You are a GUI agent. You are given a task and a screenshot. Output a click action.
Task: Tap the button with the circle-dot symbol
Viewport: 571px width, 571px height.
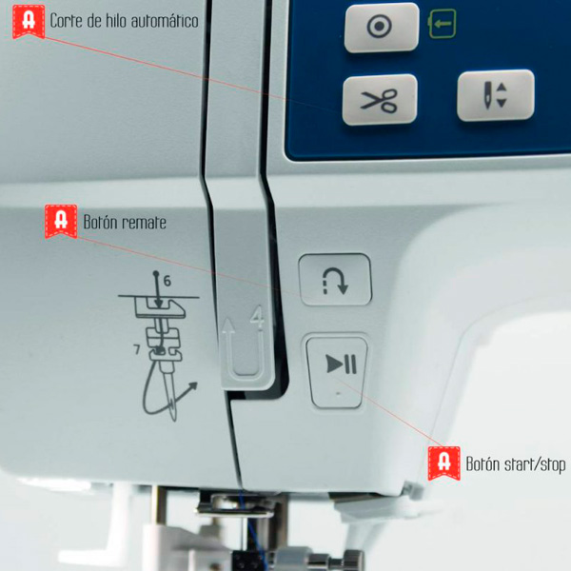(x=382, y=27)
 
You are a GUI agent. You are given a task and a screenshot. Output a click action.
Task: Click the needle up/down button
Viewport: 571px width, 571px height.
(x=496, y=95)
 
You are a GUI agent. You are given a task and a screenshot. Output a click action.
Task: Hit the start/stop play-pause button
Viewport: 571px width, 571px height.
(x=337, y=371)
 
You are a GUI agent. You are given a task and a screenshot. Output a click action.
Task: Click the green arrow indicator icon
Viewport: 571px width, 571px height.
(x=443, y=24)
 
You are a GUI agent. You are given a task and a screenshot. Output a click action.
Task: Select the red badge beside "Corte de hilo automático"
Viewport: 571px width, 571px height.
(x=29, y=21)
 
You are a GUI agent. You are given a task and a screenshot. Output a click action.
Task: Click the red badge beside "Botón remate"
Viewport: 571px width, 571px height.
(x=61, y=221)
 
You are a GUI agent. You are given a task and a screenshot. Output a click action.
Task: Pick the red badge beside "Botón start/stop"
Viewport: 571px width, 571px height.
(x=443, y=463)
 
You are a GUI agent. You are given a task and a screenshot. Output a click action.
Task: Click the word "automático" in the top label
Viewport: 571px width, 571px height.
(x=165, y=21)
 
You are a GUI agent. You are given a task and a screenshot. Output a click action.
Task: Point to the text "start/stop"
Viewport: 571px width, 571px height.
(x=535, y=464)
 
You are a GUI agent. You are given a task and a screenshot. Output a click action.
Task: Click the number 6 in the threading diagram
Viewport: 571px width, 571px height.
(x=167, y=281)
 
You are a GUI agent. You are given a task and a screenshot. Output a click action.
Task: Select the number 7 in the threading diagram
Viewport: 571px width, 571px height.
(x=137, y=349)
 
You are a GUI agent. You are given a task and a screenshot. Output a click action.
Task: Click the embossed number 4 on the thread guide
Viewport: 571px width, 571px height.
(x=258, y=316)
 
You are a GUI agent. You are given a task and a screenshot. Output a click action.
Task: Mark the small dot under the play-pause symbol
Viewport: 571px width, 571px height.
(x=339, y=394)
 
